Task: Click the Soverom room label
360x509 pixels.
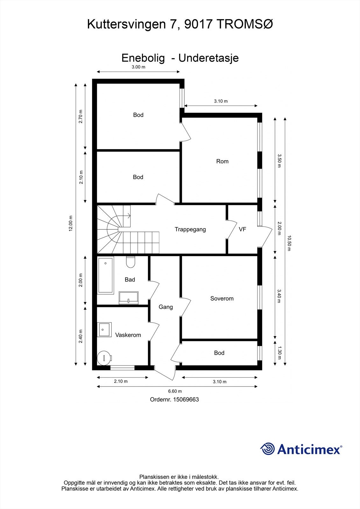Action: [x=222, y=298]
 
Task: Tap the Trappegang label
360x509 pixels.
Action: [x=190, y=229]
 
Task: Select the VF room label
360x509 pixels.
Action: [x=243, y=229]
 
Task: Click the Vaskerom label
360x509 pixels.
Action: [x=128, y=335]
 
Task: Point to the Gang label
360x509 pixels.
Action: [x=166, y=307]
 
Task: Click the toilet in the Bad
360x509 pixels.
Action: [x=130, y=262]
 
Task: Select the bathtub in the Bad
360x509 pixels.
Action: [x=106, y=275]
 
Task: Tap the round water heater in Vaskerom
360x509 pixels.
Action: [x=104, y=358]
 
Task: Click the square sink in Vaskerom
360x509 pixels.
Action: [x=104, y=330]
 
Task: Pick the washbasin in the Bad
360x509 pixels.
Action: [x=129, y=298]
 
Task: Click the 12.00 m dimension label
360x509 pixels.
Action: [x=71, y=223]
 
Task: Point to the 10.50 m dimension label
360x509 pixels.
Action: [x=289, y=243]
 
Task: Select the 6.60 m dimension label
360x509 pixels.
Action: [x=175, y=391]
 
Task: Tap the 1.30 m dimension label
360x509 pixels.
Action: [x=279, y=353]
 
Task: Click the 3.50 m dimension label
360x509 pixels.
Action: [x=279, y=161]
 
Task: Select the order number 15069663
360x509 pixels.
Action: [x=186, y=400]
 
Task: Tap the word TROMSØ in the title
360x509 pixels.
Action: [x=245, y=24]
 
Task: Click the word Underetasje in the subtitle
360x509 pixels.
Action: [x=208, y=58]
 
